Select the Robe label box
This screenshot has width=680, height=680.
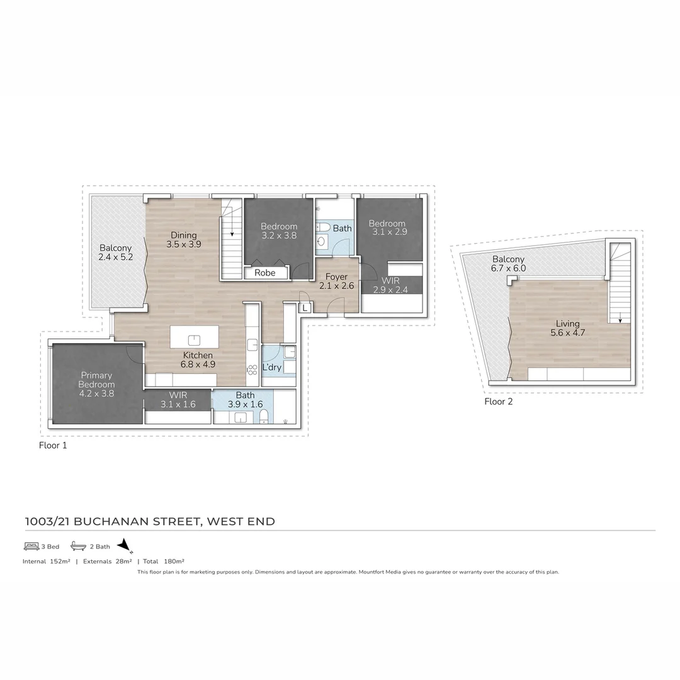click(x=264, y=273)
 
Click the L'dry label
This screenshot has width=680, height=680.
click(x=271, y=367)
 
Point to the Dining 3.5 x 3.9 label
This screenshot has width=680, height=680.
click(x=184, y=240)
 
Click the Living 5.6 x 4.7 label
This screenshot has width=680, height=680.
click(x=567, y=328)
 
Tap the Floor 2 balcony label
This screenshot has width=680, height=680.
click(x=508, y=264)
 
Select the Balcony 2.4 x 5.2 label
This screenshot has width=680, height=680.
click(x=115, y=252)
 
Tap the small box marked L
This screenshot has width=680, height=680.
click(x=305, y=308)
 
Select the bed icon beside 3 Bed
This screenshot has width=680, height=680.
click(x=31, y=547)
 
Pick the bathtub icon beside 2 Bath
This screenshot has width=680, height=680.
click(x=78, y=547)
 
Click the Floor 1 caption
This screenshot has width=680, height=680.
click(x=53, y=445)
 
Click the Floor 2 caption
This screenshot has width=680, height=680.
click(x=498, y=401)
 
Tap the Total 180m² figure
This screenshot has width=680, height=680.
click(x=163, y=561)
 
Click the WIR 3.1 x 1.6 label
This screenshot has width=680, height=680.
click(x=177, y=400)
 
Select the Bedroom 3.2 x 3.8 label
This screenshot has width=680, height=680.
click(x=279, y=231)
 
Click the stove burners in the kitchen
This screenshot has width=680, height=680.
click(x=252, y=369)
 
